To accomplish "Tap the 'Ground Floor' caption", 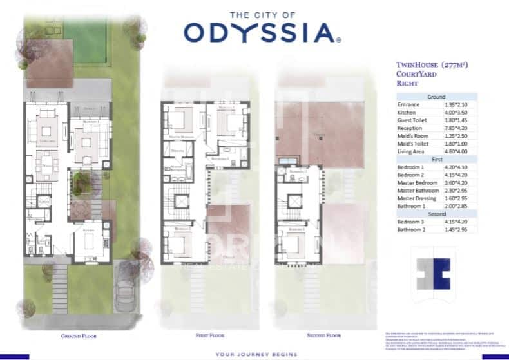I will [78, 336].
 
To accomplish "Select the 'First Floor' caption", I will [211, 336].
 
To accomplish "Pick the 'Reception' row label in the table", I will [410, 128].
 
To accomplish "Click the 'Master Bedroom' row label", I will [417, 182].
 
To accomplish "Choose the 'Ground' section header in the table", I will [436, 97].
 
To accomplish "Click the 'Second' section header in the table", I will [436, 214].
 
